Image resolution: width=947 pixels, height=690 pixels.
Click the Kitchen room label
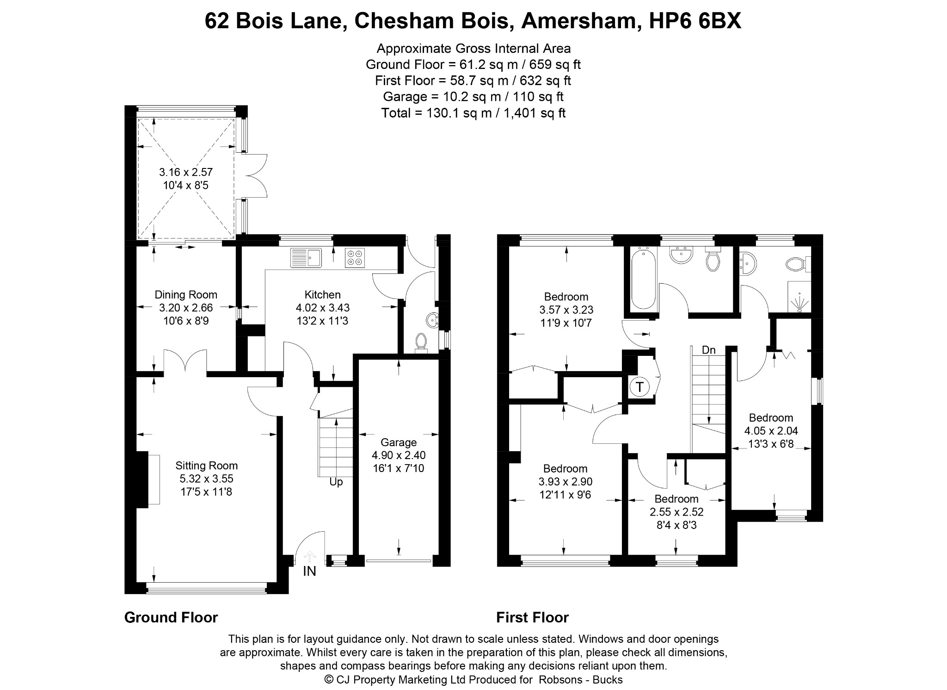click(322, 295)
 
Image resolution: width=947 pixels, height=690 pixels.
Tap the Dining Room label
click(186, 295)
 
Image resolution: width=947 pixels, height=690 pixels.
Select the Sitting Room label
click(206, 466)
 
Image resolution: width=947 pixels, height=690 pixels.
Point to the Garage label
click(399, 443)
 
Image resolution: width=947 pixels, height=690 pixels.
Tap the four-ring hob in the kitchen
click(355, 258)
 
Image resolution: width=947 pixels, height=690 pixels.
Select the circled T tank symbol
click(640, 386)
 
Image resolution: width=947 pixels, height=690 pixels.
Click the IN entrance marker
click(309, 572)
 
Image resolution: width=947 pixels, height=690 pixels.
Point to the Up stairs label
click(336, 482)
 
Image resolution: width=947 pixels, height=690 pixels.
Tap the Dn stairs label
click(709, 350)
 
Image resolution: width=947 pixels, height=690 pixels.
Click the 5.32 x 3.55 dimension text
click(207, 479)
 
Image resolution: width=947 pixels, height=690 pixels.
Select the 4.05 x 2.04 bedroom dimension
click(771, 431)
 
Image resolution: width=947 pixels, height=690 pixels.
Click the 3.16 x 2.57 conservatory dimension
click(186, 172)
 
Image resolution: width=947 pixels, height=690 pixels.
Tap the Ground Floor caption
click(171, 617)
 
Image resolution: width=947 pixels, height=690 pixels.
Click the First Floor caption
click(532, 617)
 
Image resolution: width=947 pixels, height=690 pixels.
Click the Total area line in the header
click(473, 113)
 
